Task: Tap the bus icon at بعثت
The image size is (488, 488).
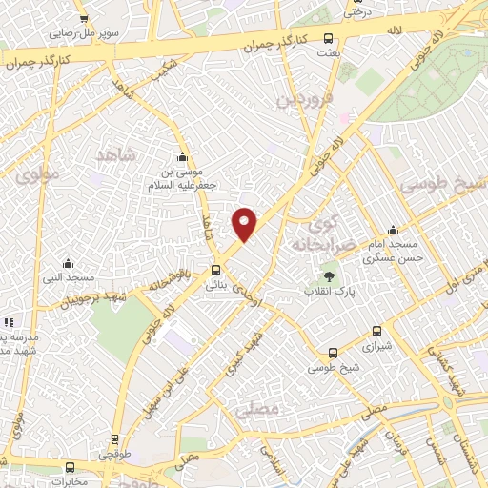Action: [x=329, y=39]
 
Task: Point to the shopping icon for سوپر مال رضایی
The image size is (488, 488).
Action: [x=84, y=19]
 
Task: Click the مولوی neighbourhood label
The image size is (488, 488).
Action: [x=37, y=174]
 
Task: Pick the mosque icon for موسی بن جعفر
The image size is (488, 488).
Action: [x=182, y=158]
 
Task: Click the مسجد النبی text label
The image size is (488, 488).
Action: [x=67, y=277]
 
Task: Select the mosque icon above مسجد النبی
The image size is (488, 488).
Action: [x=67, y=264]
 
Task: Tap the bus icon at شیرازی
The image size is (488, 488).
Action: [x=376, y=332]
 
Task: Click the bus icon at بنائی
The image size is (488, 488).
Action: [x=216, y=270]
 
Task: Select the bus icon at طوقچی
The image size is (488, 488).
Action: [x=115, y=440]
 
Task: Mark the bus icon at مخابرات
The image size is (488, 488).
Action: [x=70, y=468]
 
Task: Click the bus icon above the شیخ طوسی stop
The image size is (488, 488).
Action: [x=332, y=353]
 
